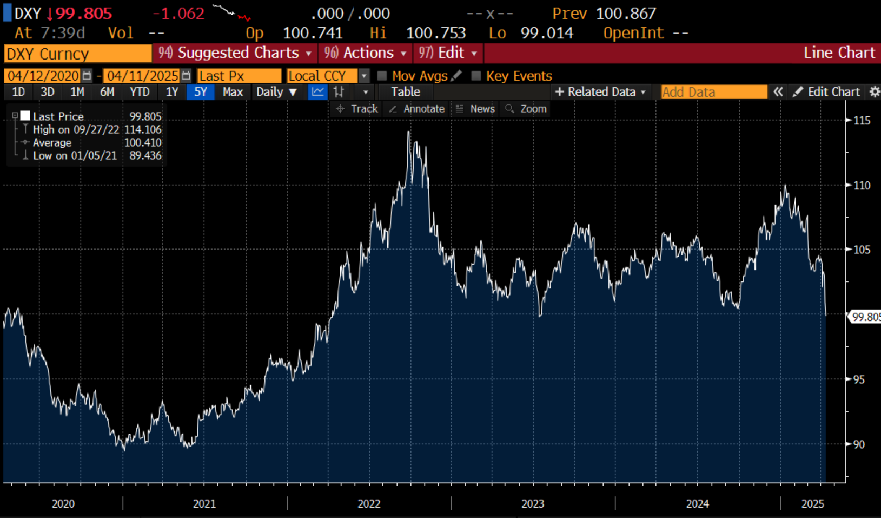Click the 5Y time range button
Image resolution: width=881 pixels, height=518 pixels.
[x=200, y=92]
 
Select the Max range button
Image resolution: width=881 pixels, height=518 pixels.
[x=233, y=92]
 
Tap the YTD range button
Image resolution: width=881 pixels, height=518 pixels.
[x=140, y=92]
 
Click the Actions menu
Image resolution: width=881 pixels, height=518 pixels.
[x=365, y=53]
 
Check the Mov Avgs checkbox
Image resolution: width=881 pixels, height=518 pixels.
[x=382, y=76]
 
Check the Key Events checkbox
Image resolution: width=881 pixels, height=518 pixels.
[x=476, y=76]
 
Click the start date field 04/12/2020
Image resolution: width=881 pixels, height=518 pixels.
[x=43, y=76]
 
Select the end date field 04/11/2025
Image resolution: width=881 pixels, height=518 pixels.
[x=142, y=76]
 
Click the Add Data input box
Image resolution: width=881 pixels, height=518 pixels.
[x=713, y=92]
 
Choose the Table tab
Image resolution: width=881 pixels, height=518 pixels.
[x=405, y=92]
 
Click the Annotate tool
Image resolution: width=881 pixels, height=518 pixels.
[x=417, y=109]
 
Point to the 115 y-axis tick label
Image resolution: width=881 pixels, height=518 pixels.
[x=862, y=121]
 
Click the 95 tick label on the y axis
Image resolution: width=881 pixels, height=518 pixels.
[x=859, y=379]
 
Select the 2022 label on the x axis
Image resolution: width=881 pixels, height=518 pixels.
[x=369, y=504]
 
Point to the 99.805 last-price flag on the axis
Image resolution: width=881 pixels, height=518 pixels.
[x=865, y=317]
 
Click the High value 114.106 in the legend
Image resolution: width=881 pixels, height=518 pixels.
[x=143, y=130]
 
